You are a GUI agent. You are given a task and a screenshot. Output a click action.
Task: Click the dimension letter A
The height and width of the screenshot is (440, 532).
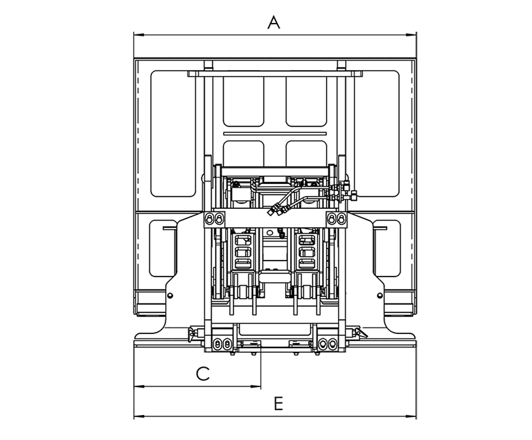point(274,23)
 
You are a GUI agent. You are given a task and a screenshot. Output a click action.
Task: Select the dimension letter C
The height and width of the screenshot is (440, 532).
point(203,374)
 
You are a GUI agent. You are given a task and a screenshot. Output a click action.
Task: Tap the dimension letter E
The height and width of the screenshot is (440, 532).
point(278,404)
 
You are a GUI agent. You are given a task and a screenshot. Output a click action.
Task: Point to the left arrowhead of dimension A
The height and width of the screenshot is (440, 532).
point(139,34)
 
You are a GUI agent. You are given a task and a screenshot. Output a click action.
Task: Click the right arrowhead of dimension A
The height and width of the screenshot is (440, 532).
point(411,34)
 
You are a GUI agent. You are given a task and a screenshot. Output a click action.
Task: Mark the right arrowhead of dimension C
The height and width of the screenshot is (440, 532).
point(256,386)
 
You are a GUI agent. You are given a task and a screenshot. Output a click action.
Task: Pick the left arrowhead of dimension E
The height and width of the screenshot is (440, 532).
point(139,416)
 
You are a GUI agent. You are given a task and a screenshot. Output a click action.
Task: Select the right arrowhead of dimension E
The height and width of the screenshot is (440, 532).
point(411,416)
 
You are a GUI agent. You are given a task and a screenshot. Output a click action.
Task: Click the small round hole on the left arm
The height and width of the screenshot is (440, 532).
point(170,296)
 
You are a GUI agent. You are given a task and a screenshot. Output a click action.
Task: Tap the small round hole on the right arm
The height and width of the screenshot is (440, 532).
point(380,296)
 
